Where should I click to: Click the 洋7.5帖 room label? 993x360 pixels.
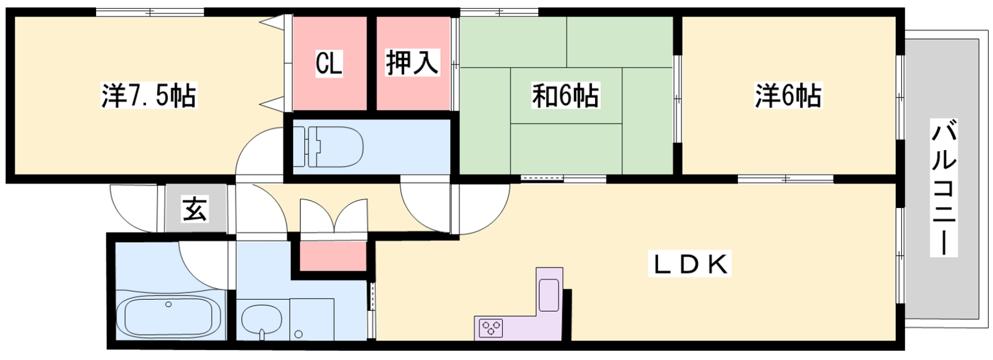(x=149, y=95)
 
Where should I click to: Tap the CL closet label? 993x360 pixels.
(x=328, y=63)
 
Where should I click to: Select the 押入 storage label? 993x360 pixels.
(x=412, y=63)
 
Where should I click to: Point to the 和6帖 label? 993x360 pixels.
(x=565, y=96)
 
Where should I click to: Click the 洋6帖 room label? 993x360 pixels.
(x=788, y=96)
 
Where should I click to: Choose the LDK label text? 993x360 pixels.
(x=689, y=264)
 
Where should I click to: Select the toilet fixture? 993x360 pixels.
(x=328, y=147)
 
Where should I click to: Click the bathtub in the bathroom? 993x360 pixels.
(x=173, y=317)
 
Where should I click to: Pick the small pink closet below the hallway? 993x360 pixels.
(x=333, y=256)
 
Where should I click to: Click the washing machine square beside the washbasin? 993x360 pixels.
(x=312, y=319)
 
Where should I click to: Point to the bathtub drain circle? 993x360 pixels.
(x=168, y=304)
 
